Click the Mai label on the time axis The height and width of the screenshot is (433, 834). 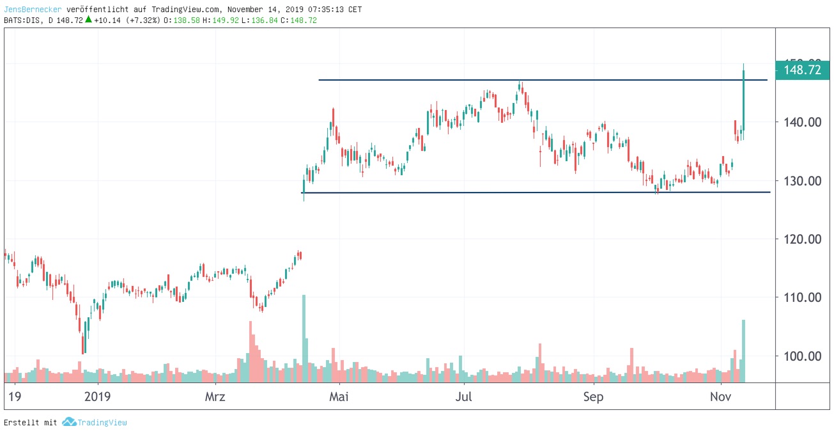tap(339, 397)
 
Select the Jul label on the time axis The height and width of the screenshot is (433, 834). tap(463, 397)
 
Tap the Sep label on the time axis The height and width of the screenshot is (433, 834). tap(594, 397)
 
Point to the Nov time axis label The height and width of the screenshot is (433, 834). tap(720, 397)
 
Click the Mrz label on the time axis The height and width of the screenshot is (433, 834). tap(215, 397)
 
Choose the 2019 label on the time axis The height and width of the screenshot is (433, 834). tap(98, 397)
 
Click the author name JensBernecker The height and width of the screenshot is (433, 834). tap(31, 10)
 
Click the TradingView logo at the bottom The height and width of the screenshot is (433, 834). tap(95, 422)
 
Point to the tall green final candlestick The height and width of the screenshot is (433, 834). tap(744, 102)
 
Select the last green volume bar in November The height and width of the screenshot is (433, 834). tap(743, 350)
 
